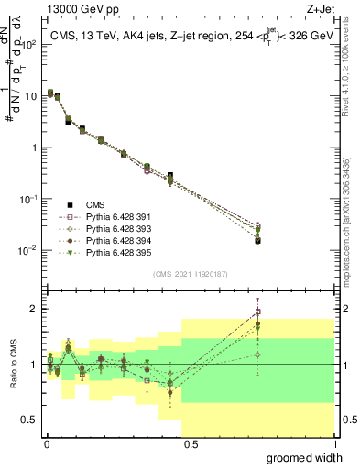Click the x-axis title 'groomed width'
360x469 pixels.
pos(311,457)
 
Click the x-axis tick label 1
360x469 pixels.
pos(333,444)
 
